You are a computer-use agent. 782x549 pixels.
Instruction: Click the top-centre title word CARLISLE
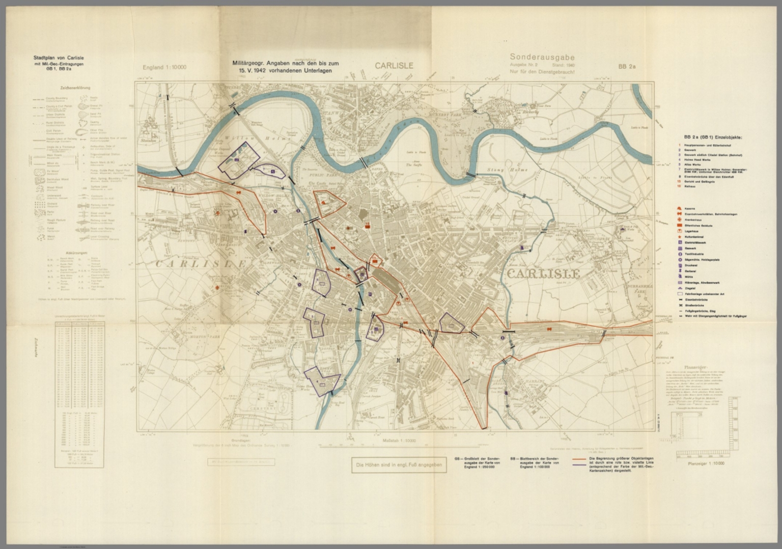[x=394, y=66]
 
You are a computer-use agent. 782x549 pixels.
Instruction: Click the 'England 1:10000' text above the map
[x=164, y=67]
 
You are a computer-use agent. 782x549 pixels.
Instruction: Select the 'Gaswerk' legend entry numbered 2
[x=692, y=150]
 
